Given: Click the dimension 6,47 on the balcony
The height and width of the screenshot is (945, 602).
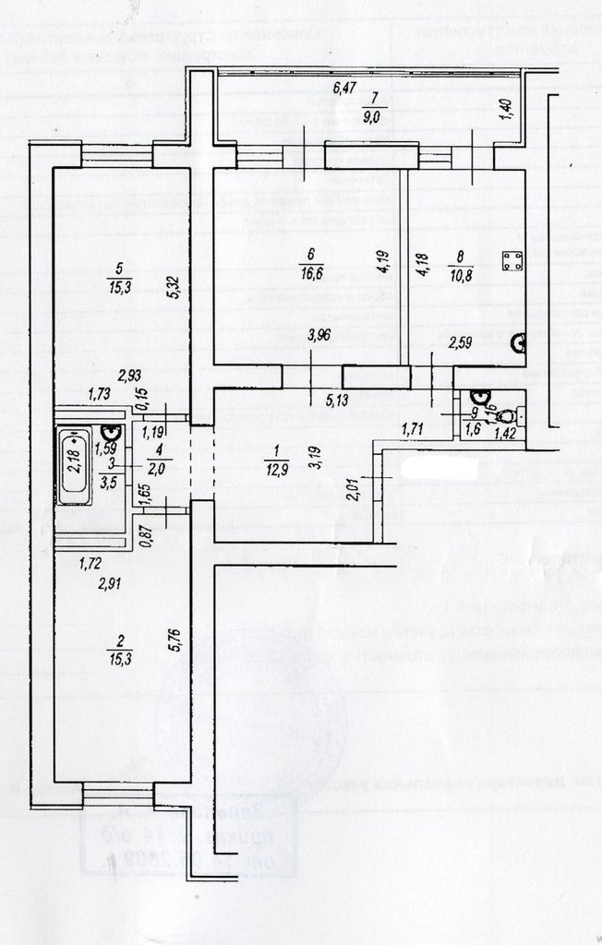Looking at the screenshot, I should click(343, 89).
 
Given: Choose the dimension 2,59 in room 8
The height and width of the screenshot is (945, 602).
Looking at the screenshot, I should click(460, 345).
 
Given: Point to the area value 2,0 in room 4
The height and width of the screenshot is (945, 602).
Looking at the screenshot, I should click(133, 469).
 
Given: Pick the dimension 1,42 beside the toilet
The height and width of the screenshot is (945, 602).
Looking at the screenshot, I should click(503, 433).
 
